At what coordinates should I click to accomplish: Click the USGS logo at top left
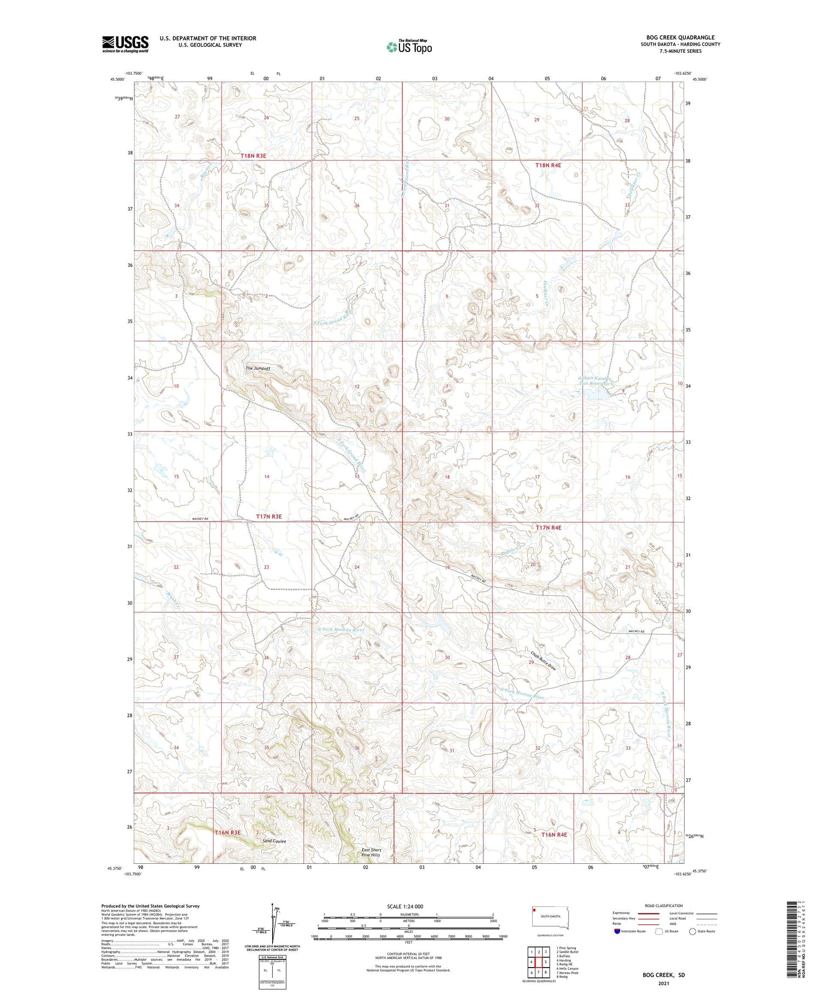pos(125,44)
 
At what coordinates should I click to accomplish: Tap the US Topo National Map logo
pos(409,47)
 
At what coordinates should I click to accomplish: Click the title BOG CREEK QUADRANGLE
pos(680,37)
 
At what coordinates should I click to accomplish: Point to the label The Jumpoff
pos(257,368)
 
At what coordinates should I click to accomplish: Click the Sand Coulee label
pos(274,841)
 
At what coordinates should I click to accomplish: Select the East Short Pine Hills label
pos(371,852)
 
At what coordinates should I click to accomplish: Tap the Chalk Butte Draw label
pos(544,661)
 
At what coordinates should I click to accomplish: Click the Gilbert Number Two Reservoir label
pos(595,381)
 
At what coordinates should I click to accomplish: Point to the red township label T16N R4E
pos(555,834)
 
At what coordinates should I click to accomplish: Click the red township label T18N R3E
pos(253,156)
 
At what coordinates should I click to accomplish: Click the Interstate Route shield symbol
pos(617,931)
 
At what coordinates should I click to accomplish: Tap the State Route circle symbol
pos(692,931)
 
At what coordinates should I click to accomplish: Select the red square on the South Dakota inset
pos(534,910)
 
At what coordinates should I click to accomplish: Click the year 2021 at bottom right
pos(664,983)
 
